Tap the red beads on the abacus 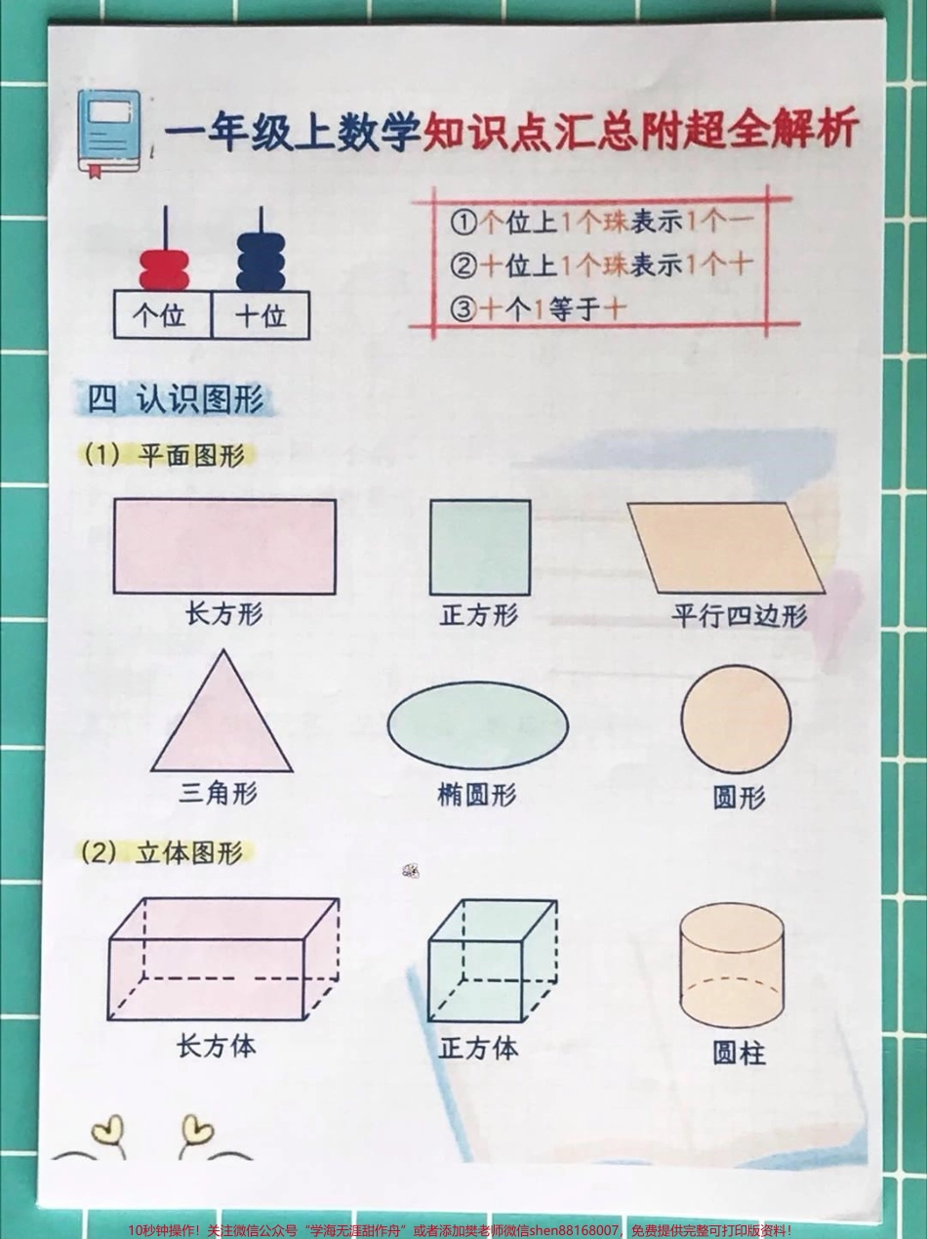[164, 268]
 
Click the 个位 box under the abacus [162, 315]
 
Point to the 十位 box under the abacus [261, 315]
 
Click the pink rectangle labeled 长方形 [224, 546]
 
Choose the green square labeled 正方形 [480, 547]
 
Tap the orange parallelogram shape [726, 548]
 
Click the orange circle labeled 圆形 [736, 720]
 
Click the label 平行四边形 [739, 616]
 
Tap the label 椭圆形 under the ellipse [476, 795]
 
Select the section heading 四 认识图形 [177, 400]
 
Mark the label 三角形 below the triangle [218, 793]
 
